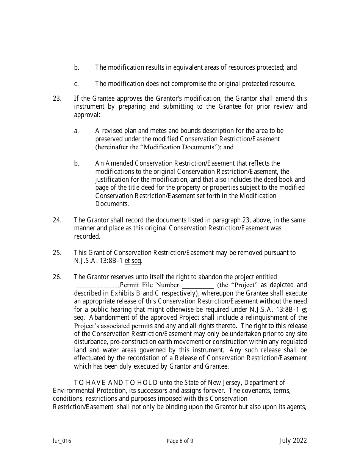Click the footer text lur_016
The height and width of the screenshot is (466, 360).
tap(62, 441)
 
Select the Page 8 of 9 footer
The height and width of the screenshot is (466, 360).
tap(180, 441)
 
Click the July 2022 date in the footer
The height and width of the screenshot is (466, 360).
tap(293, 441)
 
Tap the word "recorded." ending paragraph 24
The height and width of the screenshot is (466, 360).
tap(87, 236)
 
